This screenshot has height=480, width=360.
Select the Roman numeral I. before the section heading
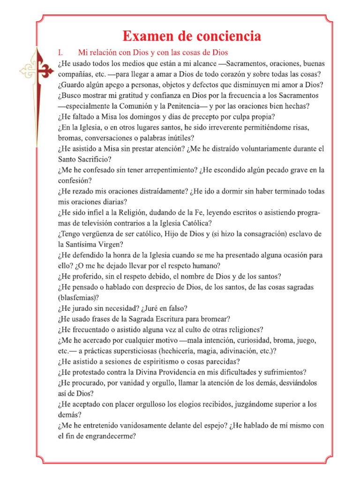(x=61, y=52)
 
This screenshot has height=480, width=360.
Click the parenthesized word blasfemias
(x=78, y=298)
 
